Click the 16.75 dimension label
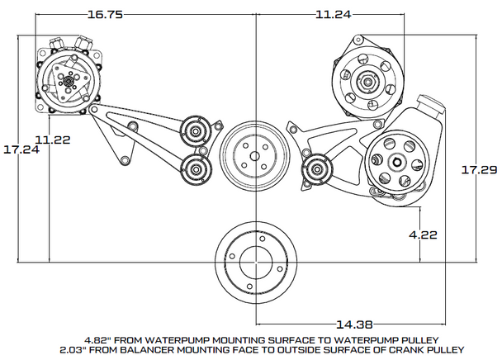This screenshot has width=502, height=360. (x=105, y=14)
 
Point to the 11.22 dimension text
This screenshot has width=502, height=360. (x=52, y=139)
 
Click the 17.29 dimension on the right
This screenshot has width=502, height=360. (x=479, y=168)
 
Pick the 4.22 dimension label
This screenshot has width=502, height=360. (x=424, y=234)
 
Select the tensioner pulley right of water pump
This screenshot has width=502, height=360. (x=316, y=171)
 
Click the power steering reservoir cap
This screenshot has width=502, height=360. (x=433, y=105)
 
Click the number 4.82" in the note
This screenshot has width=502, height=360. (x=97, y=339)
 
